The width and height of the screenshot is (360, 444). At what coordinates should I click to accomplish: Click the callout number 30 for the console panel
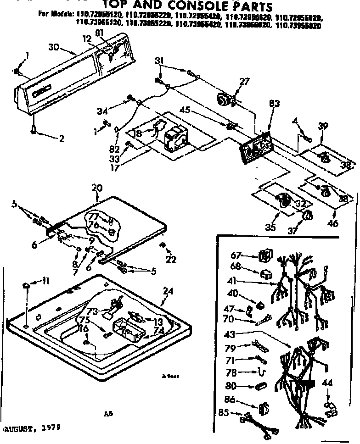pyautogui.click(x=54, y=47)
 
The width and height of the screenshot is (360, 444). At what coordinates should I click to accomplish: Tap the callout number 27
pyautogui.click(x=244, y=82)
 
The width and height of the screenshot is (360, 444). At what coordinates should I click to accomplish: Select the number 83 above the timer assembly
pyautogui.click(x=275, y=104)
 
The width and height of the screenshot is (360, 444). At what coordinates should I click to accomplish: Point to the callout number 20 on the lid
pyautogui.click(x=96, y=187)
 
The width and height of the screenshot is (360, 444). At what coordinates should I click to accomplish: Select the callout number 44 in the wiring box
pyautogui.click(x=328, y=382)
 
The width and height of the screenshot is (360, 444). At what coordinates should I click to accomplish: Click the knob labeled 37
pyautogui.click(x=307, y=216)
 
